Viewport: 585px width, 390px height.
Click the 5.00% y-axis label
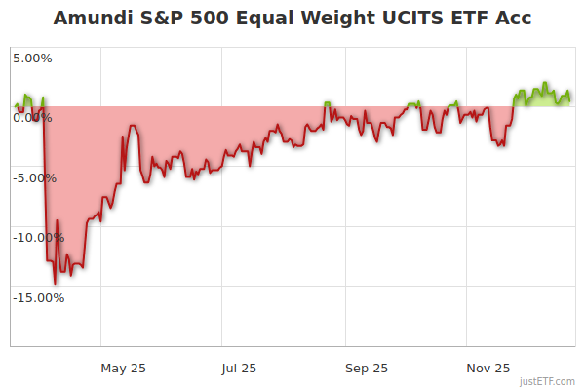coord(32,58)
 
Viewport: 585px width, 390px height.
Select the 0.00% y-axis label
coord(32,118)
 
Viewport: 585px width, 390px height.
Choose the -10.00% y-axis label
coord(37,238)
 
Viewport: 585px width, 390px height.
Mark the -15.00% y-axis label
coord(37,297)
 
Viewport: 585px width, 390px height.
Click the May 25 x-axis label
coord(124,368)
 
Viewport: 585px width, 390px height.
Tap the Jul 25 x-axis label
coord(239,368)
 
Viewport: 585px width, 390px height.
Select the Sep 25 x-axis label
coord(367,368)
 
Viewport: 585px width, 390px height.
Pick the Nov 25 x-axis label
coord(488,368)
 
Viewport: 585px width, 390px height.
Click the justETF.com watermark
coord(547,381)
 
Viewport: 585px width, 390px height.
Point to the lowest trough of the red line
coord(56,283)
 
